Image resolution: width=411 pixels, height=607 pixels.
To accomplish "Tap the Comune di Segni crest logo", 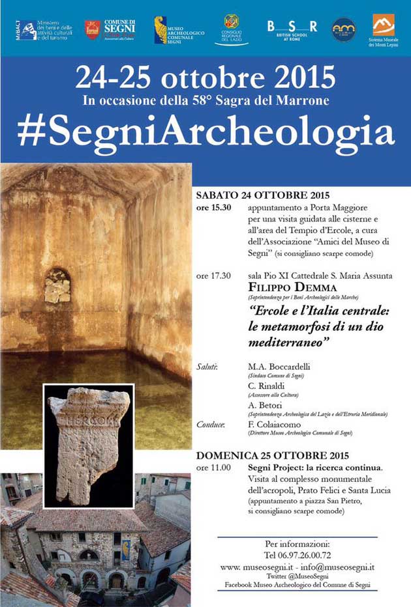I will [x=93, y=29].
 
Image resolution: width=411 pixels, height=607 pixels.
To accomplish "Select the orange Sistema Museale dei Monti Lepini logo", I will [x=383, y=25].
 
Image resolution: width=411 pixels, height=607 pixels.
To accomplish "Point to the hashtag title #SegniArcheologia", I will [x=205, y=131].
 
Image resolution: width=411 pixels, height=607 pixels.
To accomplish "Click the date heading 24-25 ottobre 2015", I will [x=205, y=79].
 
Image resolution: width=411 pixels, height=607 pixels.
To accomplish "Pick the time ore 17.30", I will [x=213, y=275].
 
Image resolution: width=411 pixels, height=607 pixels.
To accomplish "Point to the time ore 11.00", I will [x=213, y=467].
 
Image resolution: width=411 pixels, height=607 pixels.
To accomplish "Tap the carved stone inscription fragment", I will [x=88, y=443].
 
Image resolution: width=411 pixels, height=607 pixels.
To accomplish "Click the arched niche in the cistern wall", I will [x=57, y=285].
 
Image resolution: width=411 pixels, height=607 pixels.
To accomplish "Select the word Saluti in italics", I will [x=207, y=367].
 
